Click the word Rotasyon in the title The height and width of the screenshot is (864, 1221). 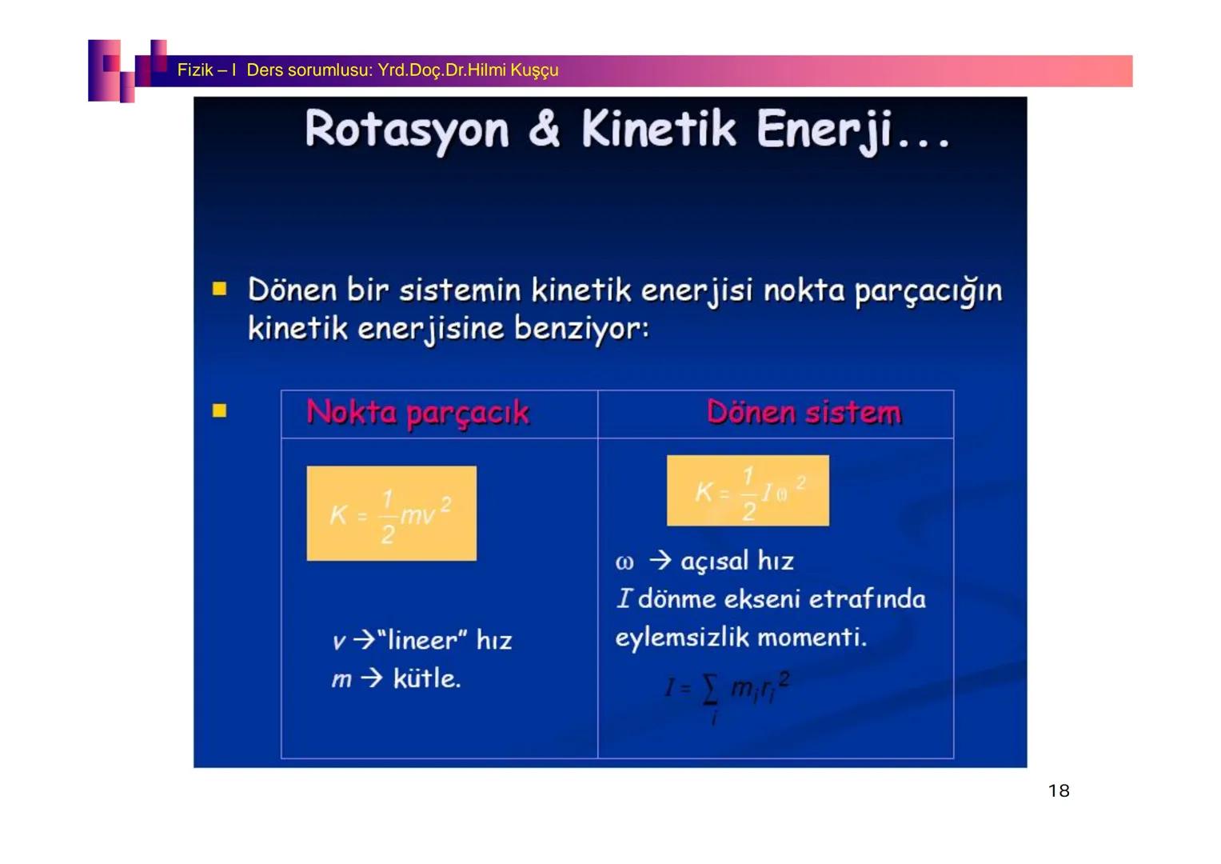406,130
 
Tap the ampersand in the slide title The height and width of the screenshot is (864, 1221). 544,130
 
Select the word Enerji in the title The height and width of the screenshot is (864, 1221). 824,130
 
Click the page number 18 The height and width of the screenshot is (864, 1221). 1058,791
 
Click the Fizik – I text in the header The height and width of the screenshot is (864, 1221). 206,70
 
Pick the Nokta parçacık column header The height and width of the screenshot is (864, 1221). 417,413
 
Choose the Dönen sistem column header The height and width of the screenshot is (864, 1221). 804,413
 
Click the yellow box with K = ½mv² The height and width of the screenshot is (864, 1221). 391,514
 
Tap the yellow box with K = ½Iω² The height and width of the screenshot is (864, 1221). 748,490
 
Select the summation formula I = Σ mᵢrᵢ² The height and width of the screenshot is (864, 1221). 727,692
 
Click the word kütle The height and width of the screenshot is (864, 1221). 426,679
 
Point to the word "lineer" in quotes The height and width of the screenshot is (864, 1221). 421,641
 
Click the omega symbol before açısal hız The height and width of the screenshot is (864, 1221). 624,562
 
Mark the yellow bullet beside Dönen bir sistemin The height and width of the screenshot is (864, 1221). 220,289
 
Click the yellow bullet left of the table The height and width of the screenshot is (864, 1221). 220,411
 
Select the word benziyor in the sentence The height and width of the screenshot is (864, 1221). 580,329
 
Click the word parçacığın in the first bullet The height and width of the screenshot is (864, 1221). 928,291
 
